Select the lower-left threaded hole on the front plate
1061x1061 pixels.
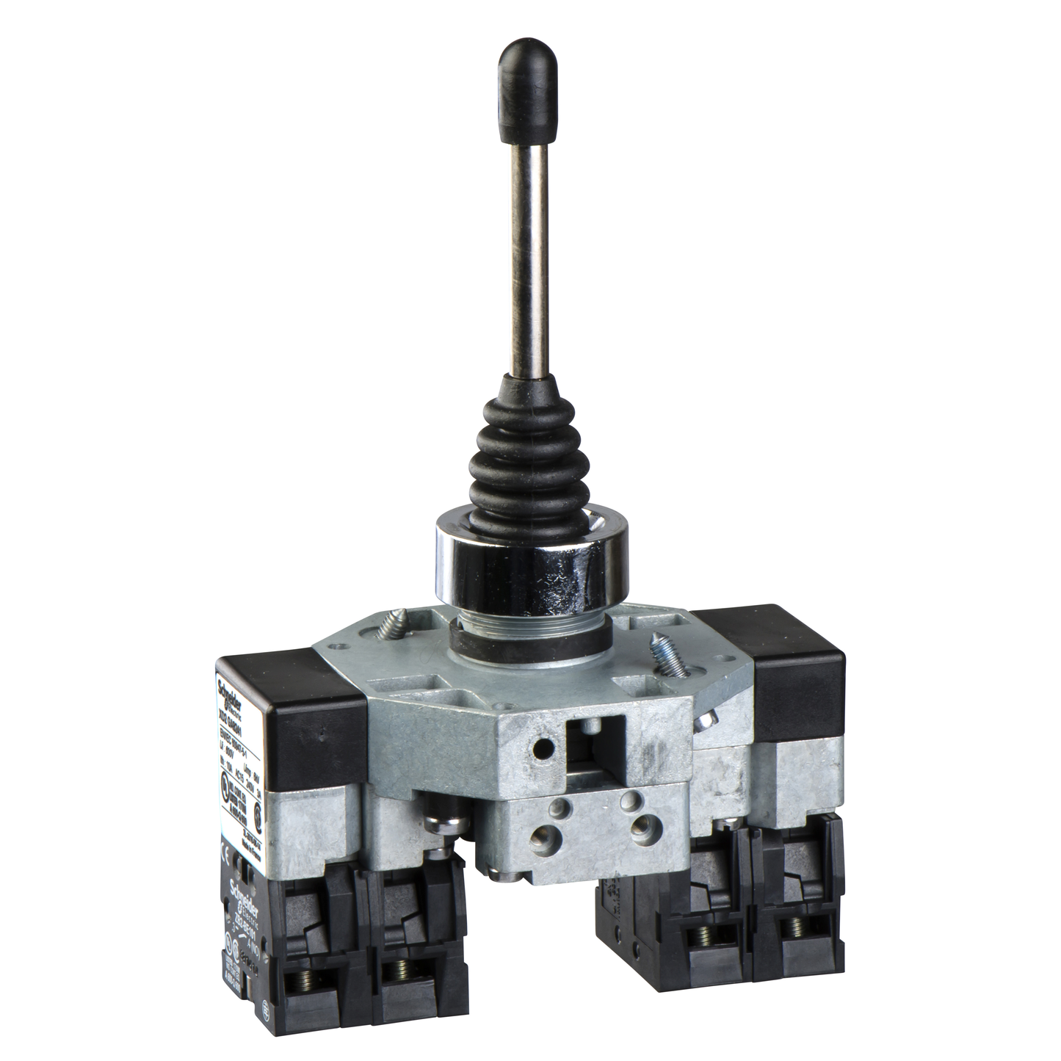click(545, 830)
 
